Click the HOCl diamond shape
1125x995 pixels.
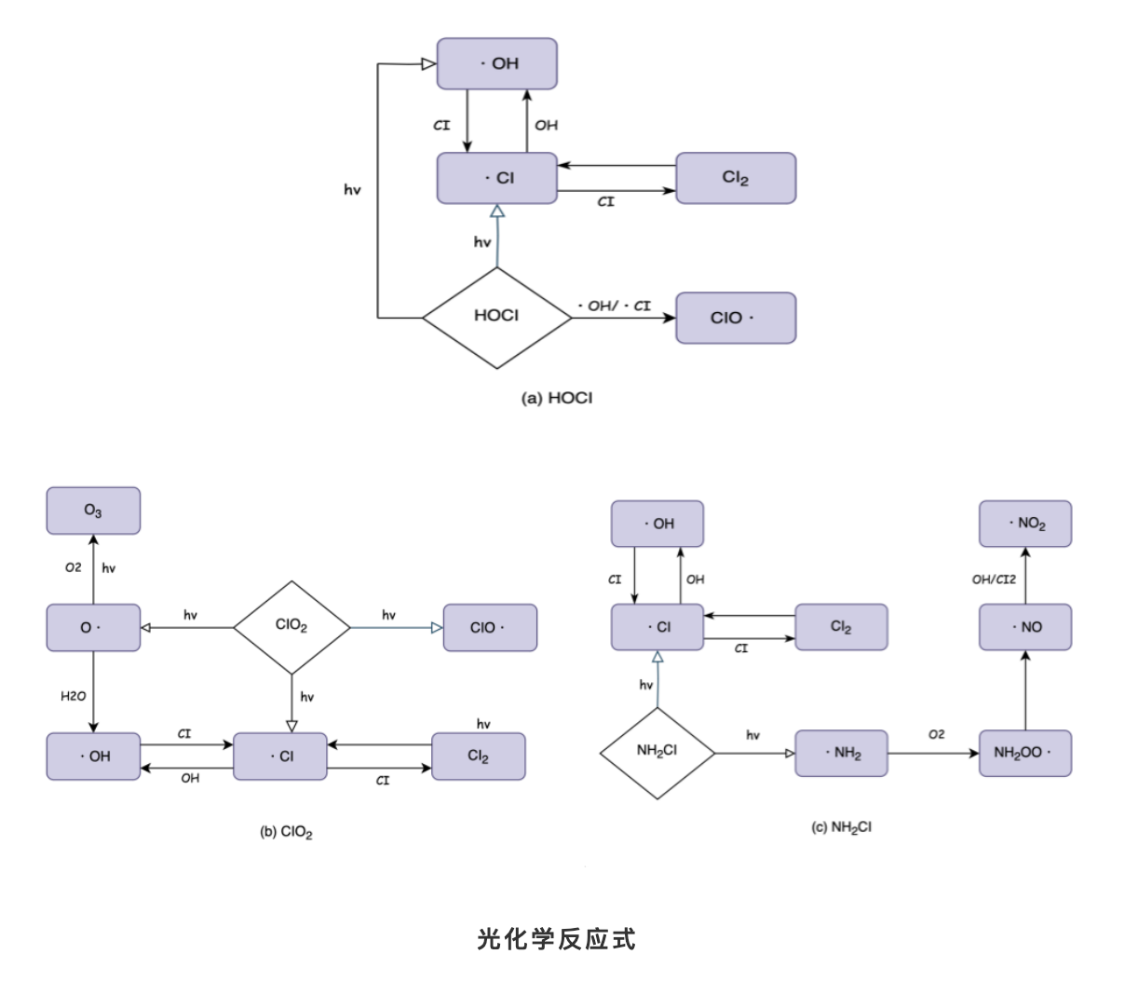[496, 318]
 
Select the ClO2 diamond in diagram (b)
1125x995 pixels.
[291, 627]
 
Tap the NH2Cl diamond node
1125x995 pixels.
[657, 752]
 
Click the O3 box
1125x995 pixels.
[93, 511]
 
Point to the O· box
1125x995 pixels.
[93, 628]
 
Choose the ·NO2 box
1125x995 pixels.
[1025, 524]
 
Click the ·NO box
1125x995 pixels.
[1025, 627]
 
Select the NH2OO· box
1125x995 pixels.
[1025, 753]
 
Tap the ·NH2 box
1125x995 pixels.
[842, 753]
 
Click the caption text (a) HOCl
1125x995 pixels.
[556, 399]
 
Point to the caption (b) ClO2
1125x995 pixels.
[286, 832]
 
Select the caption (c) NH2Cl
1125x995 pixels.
[842, 827]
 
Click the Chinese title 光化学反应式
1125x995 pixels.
[556, 939]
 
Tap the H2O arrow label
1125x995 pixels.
[73, 696]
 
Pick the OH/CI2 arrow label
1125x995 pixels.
[994, 579]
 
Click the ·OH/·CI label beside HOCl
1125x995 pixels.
[615, 306]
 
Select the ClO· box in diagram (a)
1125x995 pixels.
[735, 318]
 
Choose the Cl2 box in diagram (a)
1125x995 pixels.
[735, 178]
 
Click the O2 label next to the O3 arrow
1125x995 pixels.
[73, 567]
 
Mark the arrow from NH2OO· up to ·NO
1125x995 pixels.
[1025, 690]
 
